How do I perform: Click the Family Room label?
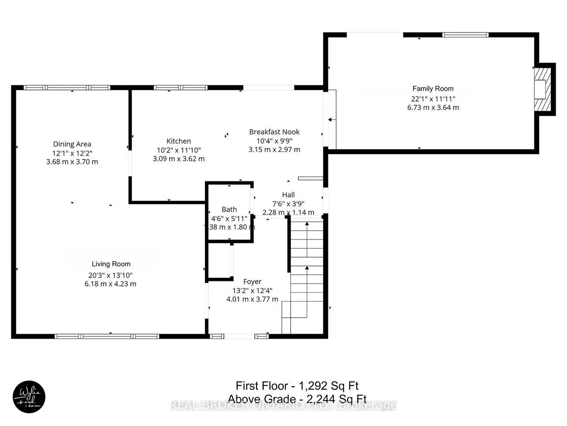(433, 89)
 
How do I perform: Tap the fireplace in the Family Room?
(543, 90)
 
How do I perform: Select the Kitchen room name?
(178, 141)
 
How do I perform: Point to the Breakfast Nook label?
(274, 132)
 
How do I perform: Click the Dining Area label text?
(72, 144)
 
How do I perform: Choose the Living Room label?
(111, 264)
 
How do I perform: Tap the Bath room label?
(229, 210)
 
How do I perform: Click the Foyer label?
(252, 282)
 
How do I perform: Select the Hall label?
(288, 195)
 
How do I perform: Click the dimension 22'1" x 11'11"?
(433, 99)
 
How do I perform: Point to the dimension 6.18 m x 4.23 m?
(110, 284)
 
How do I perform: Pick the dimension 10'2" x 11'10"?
(178, 150)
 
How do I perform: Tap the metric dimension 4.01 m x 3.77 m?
(252, 299)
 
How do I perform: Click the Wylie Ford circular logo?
(29, 397)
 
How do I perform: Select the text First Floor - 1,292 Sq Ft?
(297, 386)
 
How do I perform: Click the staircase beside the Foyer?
(306, 275)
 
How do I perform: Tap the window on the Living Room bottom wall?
(107, 336)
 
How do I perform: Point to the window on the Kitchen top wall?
(181, 87)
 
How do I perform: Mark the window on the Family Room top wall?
(465, 35)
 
